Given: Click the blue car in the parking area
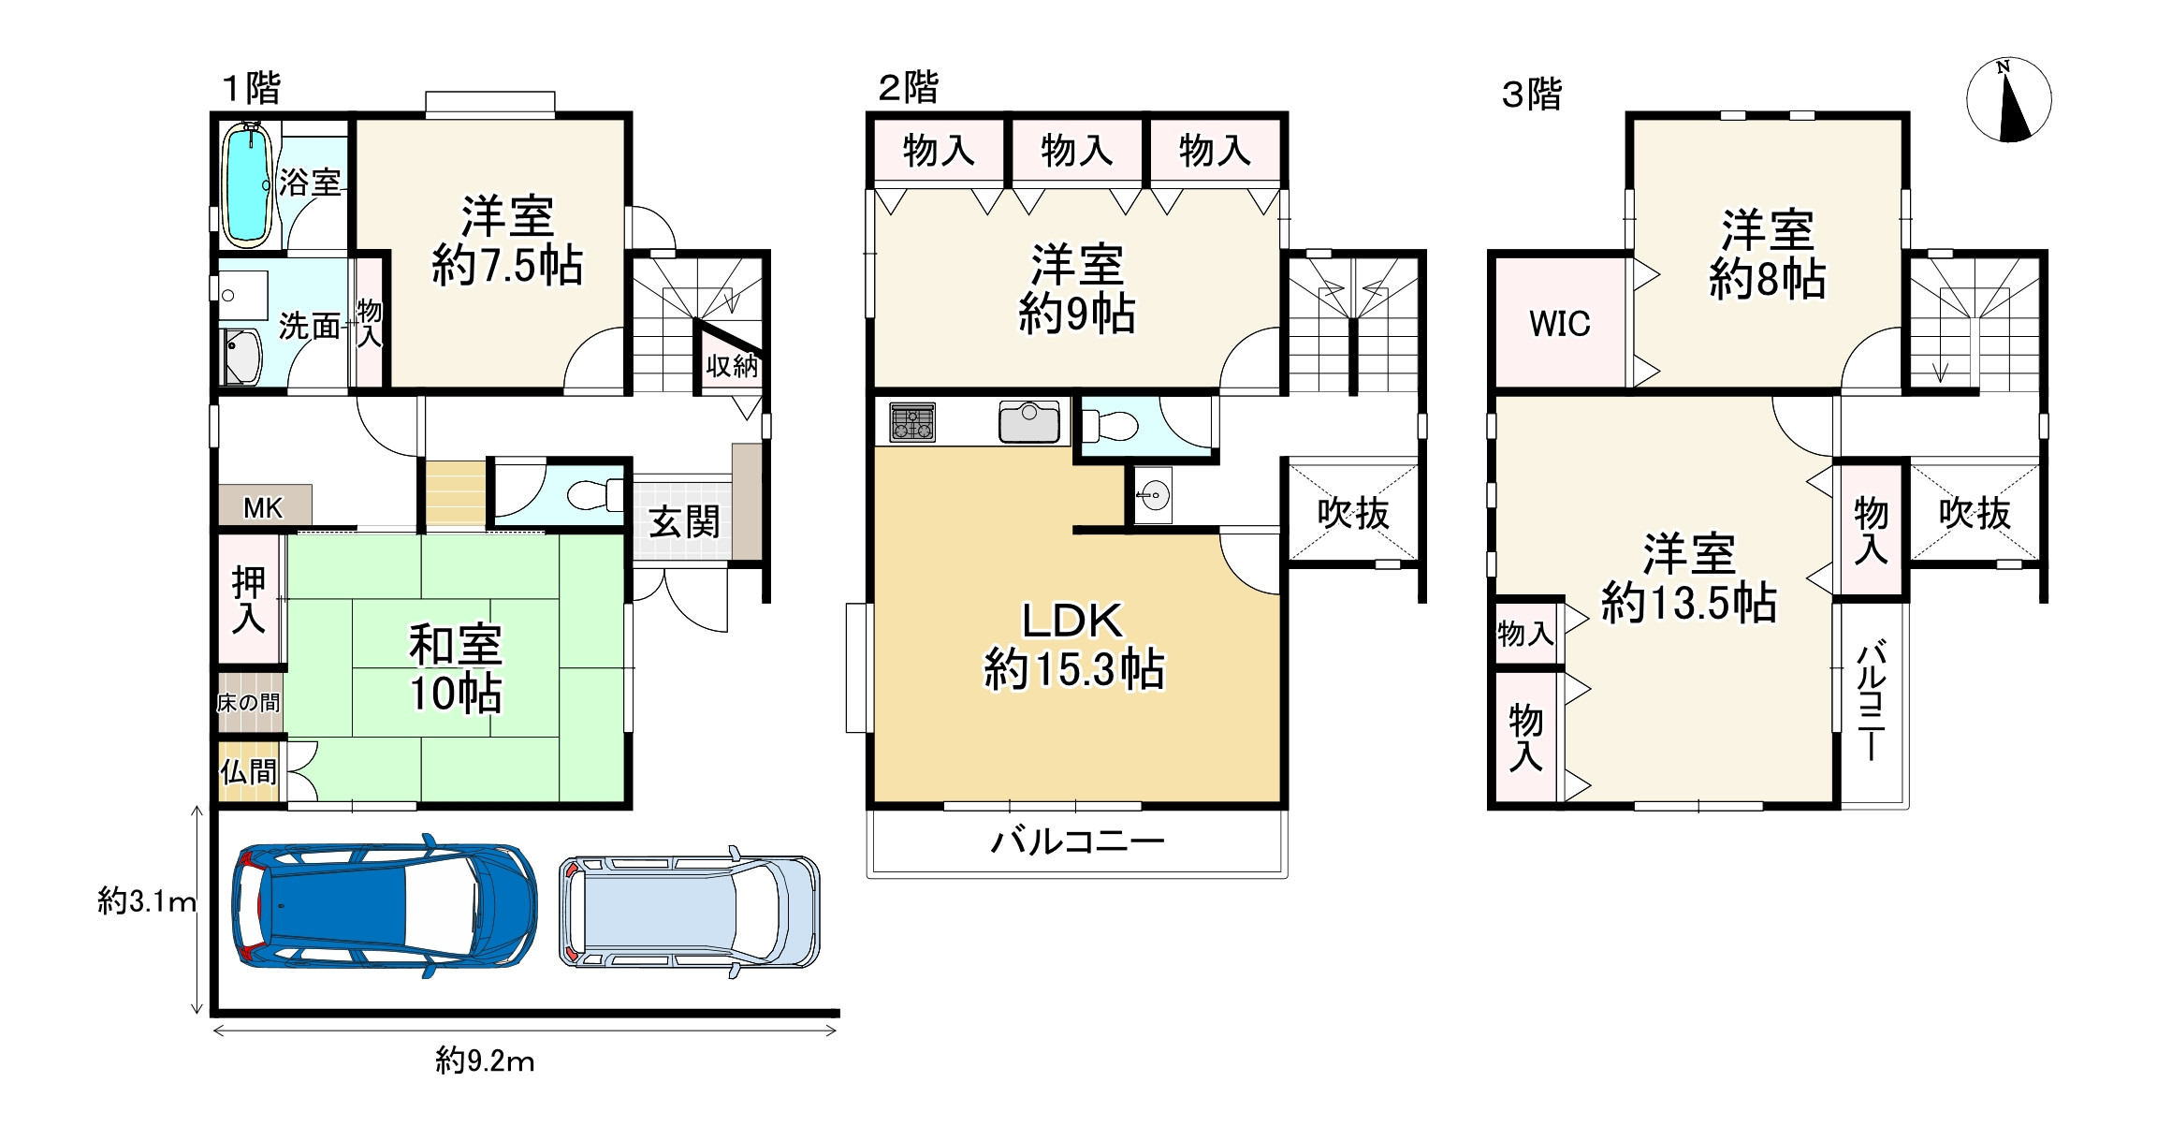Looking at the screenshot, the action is [385, 906].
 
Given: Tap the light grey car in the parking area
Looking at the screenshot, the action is [690, 912].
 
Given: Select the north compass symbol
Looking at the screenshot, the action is [2008, 100].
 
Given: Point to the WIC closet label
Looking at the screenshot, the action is [1560, 324].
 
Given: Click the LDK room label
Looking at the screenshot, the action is [1072, 621].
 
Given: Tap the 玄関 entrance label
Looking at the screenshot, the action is [684, 522].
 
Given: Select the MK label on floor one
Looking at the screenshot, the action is [263, 508].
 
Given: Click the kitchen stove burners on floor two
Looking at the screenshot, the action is [912, 421].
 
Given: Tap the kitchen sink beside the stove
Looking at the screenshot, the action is [1029, 421].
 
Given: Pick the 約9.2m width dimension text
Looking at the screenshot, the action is [485, 1061].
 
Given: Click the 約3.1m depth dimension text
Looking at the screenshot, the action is [147, 901].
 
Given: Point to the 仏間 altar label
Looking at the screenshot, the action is [249, 772].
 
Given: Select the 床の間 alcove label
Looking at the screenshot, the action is [249, 703].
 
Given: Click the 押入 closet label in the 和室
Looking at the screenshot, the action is [249, 600].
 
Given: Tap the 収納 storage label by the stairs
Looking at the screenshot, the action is [732, 366].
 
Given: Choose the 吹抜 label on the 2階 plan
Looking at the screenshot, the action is [1353, 513].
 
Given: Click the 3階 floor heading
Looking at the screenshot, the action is [1532, 95].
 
